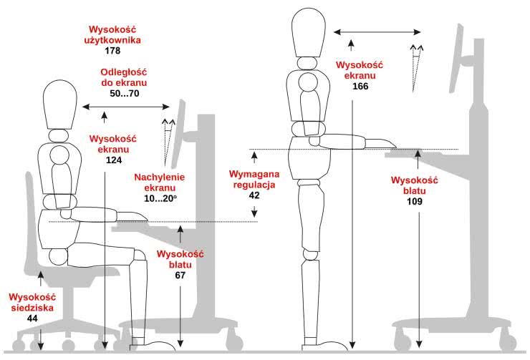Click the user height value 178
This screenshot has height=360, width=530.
coord(112,51)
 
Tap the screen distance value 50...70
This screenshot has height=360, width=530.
coord(125,93)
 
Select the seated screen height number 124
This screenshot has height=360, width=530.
coord(114,160)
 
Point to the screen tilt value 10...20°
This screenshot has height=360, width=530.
coord(160,198)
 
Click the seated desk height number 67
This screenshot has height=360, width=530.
coord(180,276)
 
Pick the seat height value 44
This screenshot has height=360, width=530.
coord(32,318)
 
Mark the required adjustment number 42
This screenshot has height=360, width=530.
coord(254,195)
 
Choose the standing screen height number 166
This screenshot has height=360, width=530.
coord(360,86)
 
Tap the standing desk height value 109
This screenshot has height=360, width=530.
coord(415,201)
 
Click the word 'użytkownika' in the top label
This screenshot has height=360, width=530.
coord(112,40)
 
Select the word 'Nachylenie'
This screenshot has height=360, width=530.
coord(160,177)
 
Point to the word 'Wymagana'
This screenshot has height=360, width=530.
coord(254,174)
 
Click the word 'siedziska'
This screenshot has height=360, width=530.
coord(32,308)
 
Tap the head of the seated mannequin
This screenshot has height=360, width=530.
coord(60,104)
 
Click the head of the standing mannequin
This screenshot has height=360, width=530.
coord(309,32)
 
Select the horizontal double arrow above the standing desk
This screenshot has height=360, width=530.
coord(377,32)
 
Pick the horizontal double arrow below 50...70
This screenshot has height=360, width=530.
coord(126,107)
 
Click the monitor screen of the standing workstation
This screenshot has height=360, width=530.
coord(455,59)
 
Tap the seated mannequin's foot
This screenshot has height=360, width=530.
coord(153,344)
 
